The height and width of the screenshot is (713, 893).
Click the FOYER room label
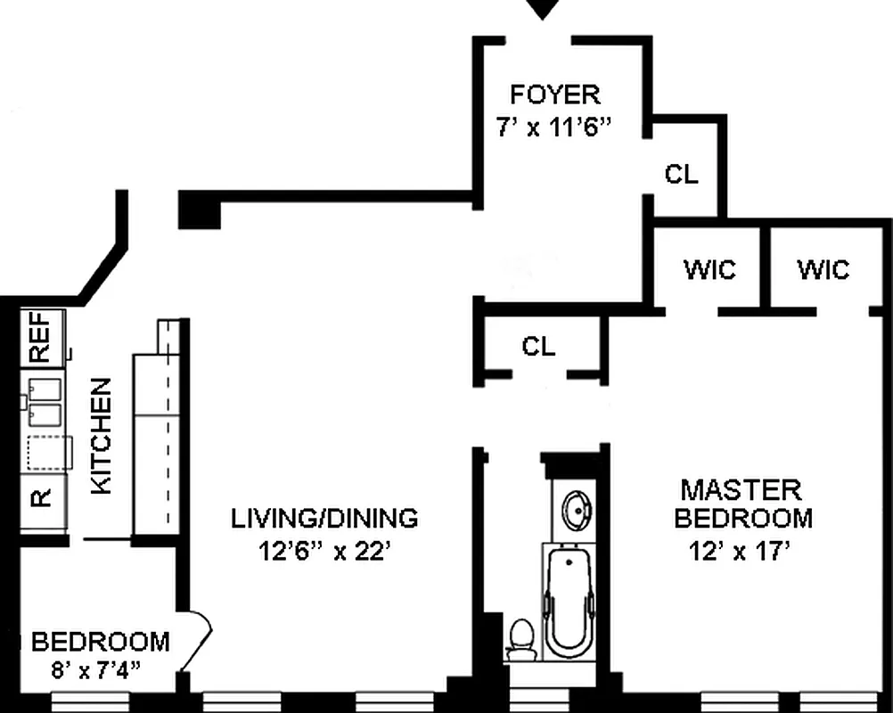pyautogui.click(x=554, y=94)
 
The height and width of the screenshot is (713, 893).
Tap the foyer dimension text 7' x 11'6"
pyautogui.click(x=554, y=127)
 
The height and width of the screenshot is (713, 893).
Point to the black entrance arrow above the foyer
pyautogui.click(x=542, y=10)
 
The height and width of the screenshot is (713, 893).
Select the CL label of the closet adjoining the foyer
pyautogui.click(x=682, y=175)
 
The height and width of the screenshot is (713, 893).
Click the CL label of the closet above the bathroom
pyautogui.click(x=538, y=347)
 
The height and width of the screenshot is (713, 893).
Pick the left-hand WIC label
pyautogui.click(x=709, y=269)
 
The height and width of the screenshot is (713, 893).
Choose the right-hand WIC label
pyautogui.click(x=823, y=269)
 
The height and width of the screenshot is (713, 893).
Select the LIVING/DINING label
pyautogui.click(x=324, y=518)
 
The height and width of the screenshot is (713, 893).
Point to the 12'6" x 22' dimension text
pyautogui.click(x=324, y=552)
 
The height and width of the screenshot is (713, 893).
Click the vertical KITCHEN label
pyautogui.click(x=102, y=436)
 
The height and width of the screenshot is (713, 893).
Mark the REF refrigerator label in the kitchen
pyautogui.click(x=40, y=338)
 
